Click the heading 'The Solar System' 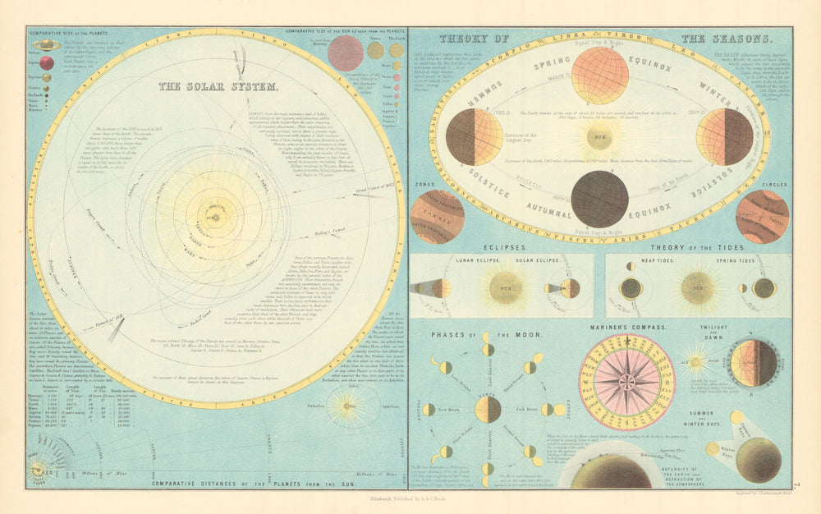pyautogui.click(x=218, y=85)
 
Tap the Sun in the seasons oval pyautogui.click(x=602, y=136)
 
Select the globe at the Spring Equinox pyautogui.click(x=599, y=76)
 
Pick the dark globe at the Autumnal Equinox pyautogui.click(x=599, y=199)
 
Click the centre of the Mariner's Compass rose pyautogui.click(x=626, y=382)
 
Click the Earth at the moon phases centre pyautogui.click(x=488, y=409)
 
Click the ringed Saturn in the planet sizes pyautogui.click(x=46, y=46)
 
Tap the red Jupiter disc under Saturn pyautogui.click(x=47, y=62)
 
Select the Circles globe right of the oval pyautogui.click(x=762, y=217)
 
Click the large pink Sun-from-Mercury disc pyautogui.click(x=346, y=53)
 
